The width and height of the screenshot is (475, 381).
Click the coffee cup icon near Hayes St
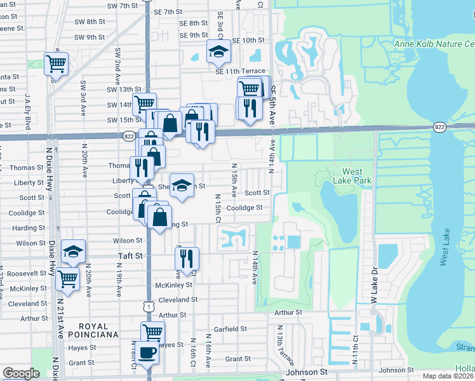[147, 353]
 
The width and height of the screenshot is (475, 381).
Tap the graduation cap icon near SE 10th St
[218, 51]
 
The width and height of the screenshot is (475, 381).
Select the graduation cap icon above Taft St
[74, 252]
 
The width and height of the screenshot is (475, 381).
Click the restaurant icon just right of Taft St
[187, 258]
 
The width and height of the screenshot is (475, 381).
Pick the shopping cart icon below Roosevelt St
[67, 279]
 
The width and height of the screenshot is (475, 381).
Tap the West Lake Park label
[352, 176]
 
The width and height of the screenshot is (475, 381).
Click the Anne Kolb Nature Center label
[434, 44]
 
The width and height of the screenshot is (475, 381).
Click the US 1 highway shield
[147, 306]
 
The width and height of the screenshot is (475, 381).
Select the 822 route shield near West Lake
[439, 127]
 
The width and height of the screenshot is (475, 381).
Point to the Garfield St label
[231, 329]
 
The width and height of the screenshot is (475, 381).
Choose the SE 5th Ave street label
[274, 104]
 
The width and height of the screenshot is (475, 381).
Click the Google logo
[21, 373]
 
